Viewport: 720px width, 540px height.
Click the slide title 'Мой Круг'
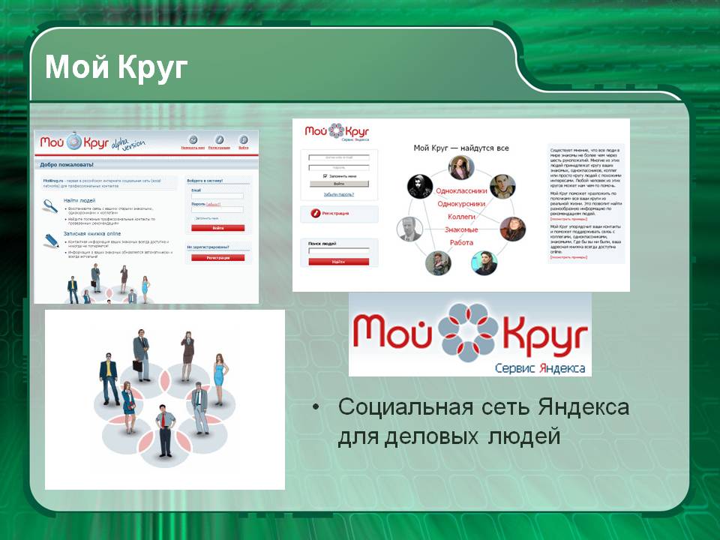tap(115, 67)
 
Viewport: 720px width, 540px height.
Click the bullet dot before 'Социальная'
tap(316, 408)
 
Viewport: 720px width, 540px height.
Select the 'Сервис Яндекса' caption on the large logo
tap(540, 367)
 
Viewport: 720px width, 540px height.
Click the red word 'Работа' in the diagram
tap(461, 241)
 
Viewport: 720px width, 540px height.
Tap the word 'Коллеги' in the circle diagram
tap(461, 216)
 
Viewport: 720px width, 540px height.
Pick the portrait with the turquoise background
tap(484, 262)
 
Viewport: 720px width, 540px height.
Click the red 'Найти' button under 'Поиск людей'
tap(338, 262)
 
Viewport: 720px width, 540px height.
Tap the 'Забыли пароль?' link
tap(338, 194)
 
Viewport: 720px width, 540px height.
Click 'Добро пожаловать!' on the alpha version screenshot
tap(67, 164)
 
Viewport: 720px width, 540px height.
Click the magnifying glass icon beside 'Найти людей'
tap(50, 205)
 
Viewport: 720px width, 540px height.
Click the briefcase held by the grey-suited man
tap(137, 365)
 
